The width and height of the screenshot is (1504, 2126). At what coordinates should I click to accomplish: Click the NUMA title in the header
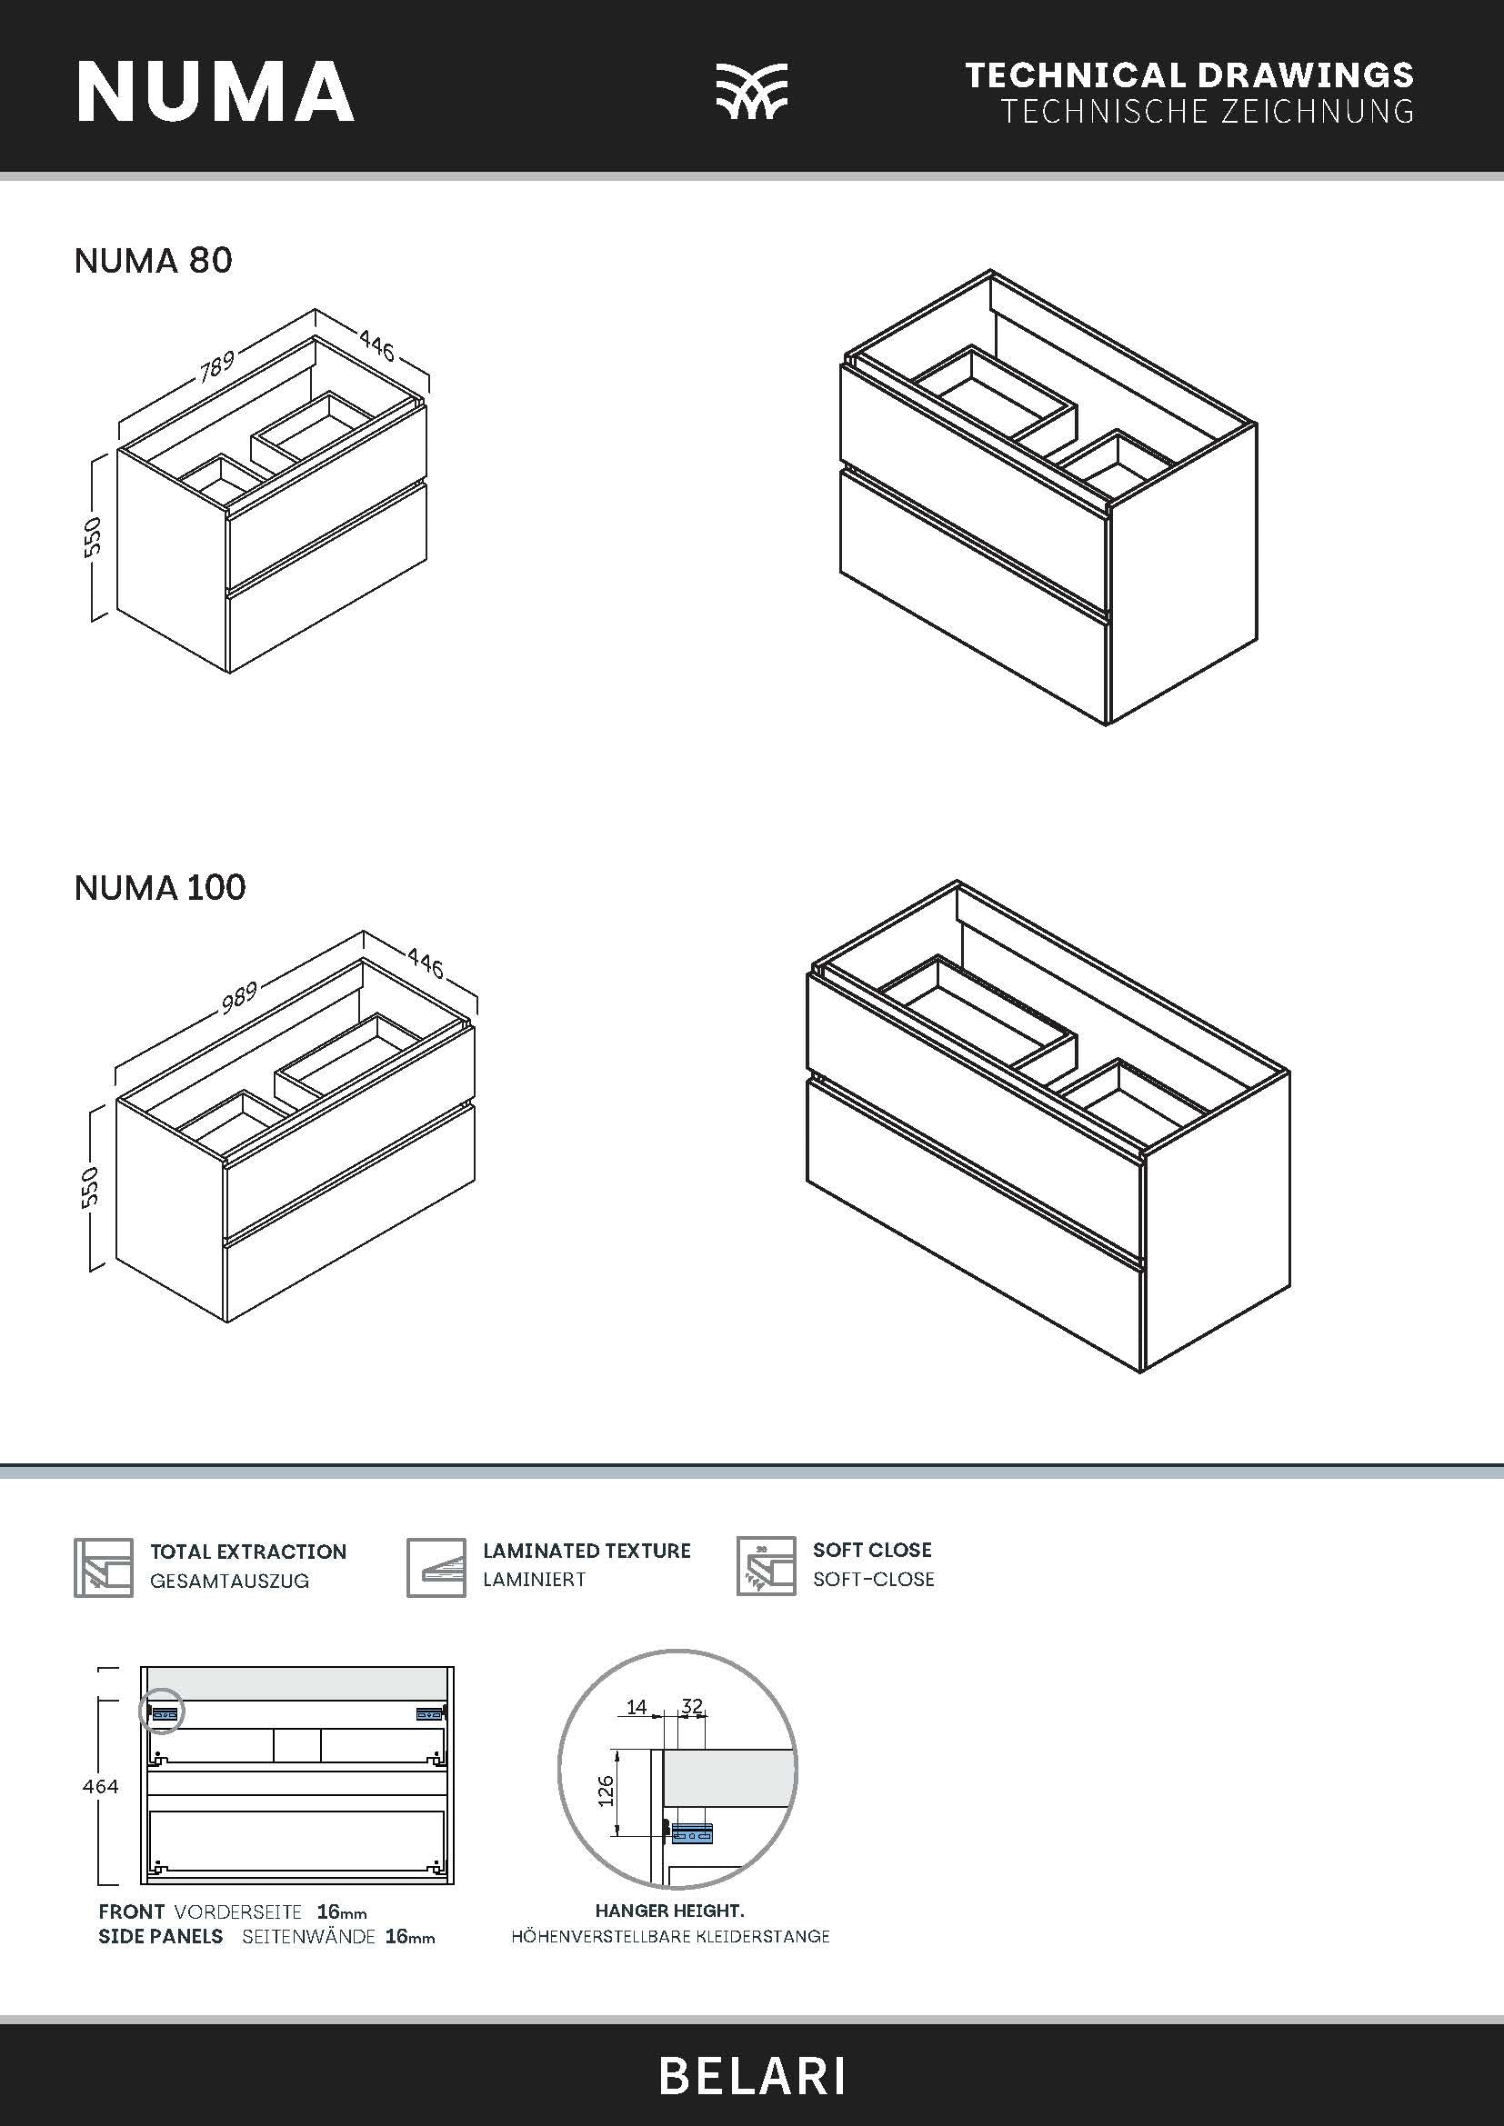[215, 92]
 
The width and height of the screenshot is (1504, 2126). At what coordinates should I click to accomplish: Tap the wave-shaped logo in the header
[751, 92]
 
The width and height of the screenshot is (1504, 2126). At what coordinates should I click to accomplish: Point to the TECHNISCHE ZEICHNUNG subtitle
[1207, 112]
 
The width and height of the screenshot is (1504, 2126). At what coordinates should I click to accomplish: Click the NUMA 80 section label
[153, 261]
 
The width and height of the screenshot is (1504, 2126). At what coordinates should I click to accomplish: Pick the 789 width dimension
[217, 364]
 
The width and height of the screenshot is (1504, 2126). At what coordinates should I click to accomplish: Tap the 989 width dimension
[239, 996]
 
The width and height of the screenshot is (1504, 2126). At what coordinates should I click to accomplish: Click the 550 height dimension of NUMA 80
[92, 537]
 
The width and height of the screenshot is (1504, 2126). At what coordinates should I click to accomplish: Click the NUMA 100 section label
[159, 888]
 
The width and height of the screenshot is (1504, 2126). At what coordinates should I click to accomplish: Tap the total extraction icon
[103, 1568]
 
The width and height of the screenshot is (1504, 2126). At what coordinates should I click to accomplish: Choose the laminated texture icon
[436, 1568]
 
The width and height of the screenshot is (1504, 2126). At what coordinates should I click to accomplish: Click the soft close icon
[766, 1567]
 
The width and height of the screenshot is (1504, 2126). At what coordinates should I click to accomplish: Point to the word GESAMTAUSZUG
[230, 1582]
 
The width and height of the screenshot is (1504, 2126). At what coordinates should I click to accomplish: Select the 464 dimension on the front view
[100, 1787]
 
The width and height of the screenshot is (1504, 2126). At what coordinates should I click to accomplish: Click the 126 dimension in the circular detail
[606, 1791]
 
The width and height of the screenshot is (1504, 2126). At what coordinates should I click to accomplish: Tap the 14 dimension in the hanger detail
[637, 1707]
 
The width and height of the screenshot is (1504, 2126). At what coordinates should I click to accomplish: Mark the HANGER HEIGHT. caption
[669, 1911]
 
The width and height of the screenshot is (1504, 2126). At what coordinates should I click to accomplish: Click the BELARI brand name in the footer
[752, 2077]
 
